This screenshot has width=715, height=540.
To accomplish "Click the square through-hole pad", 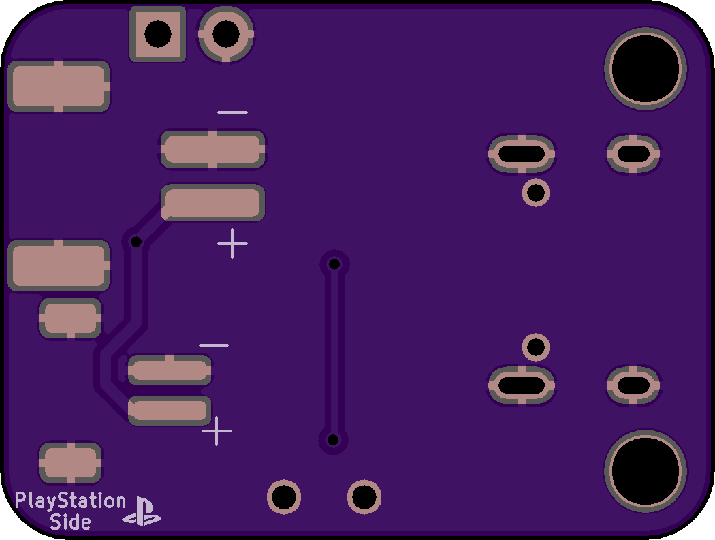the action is pos(158,34).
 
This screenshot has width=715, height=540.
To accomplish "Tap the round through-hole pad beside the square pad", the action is pos(226,34).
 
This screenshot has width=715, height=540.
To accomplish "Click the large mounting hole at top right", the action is pos(646,68).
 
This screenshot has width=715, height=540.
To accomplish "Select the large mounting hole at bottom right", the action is pos(646,471).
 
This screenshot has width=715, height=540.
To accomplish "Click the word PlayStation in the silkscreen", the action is pos(70,501).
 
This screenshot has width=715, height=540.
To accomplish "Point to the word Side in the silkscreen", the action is pos(70,522).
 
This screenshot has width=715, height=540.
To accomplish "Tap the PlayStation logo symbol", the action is pos(142,511).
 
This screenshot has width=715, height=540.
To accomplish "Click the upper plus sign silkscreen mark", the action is pos(233,244).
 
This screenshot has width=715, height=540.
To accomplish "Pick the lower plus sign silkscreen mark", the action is pos(216,430).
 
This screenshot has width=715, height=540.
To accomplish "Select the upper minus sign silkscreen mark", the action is pos(233,112).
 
